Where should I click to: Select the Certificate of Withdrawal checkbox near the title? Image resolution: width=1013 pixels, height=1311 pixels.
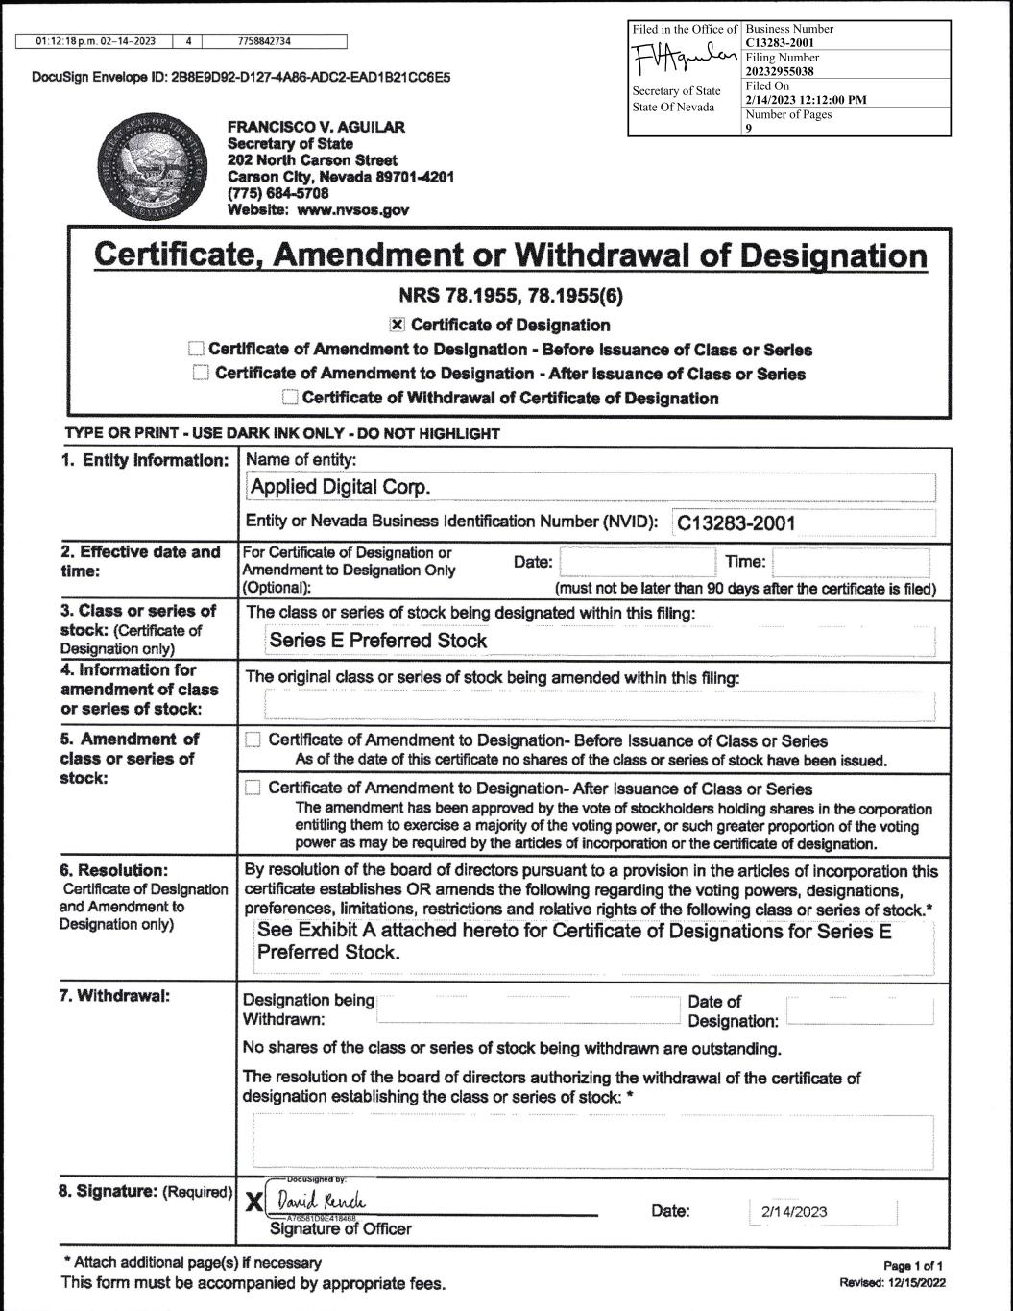pos(290,398)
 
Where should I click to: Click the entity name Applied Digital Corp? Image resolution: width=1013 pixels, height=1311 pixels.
pos(341,487)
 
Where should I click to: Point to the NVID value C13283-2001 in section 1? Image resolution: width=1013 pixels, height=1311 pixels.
pos(736,522)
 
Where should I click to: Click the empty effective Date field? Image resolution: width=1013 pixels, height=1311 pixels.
pos(637,562)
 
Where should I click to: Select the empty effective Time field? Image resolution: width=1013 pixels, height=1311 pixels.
pos(851,562)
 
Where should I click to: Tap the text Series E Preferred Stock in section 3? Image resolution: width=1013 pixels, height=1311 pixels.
pos(378,641)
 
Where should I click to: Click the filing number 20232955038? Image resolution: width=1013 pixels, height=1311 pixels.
pos(781,70)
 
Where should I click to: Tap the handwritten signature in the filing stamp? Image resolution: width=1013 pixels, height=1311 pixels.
pos(685,61)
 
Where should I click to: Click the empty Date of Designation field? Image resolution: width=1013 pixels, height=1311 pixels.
pos(859,1011)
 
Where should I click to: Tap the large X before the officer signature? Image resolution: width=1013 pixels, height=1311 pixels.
pos(254,1202)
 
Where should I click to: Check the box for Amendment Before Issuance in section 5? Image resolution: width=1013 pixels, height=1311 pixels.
pos(253,740)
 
